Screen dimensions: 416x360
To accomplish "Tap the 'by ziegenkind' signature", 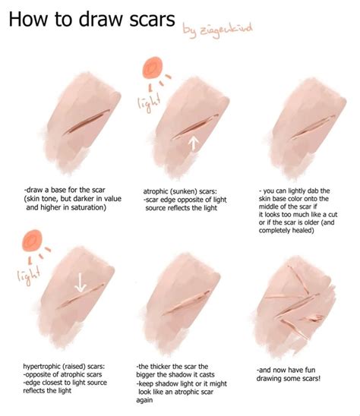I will (219, 31).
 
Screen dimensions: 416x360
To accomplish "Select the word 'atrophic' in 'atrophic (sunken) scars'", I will (159, 192).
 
